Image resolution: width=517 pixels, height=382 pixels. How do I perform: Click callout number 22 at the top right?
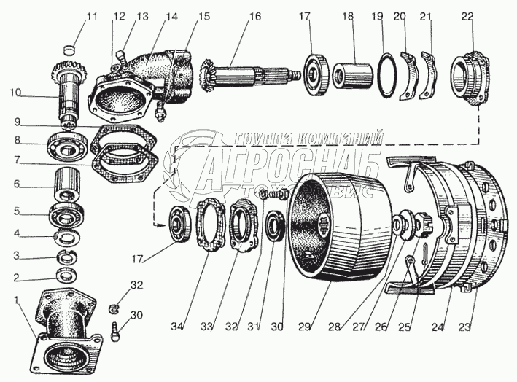467,16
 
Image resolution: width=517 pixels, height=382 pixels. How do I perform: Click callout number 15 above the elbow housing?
203,16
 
